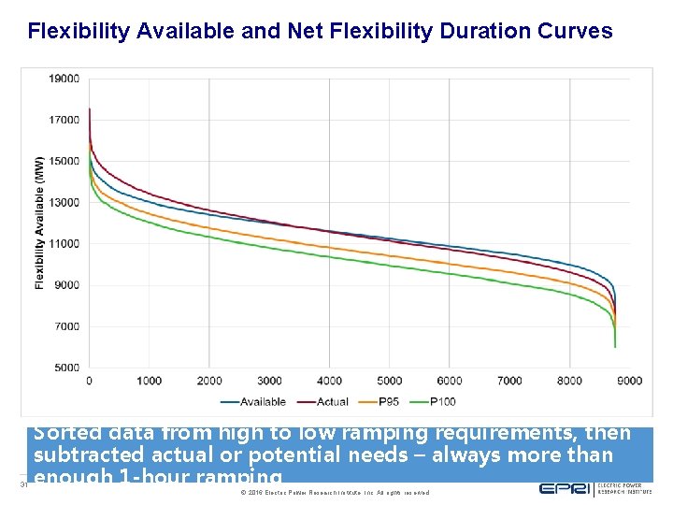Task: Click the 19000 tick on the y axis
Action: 64,79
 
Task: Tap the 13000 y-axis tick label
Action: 64,203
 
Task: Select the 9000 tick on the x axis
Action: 629,381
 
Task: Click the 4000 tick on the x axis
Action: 329,381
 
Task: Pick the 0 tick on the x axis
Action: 89,381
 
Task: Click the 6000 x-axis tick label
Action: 449,381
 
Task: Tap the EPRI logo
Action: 565,489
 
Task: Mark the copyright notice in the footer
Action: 335,492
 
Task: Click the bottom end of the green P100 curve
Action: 615,346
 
